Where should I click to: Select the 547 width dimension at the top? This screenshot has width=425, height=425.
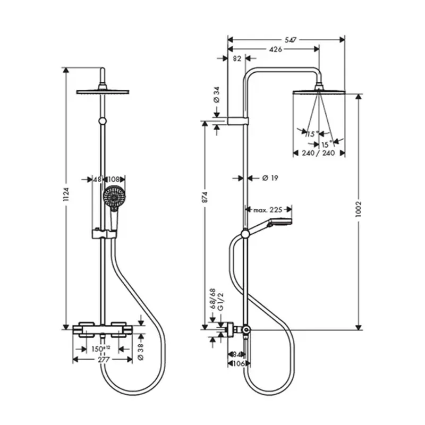coord(290,39)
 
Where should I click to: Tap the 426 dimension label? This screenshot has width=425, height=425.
coord(275,49)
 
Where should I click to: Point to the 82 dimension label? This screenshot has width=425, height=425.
coord(237,59)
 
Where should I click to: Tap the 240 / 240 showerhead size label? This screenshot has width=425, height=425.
coord(319,153)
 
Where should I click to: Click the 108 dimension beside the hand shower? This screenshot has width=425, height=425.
coord(116,180)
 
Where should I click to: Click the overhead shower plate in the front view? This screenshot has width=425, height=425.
coord(103,91)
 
